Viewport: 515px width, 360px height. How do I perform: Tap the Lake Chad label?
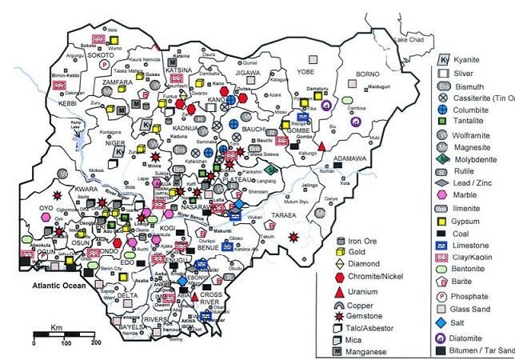coord(407,38)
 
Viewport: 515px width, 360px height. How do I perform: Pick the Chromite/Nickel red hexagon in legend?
coord(341,277)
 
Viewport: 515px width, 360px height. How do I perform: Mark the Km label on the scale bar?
coord(58,328)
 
